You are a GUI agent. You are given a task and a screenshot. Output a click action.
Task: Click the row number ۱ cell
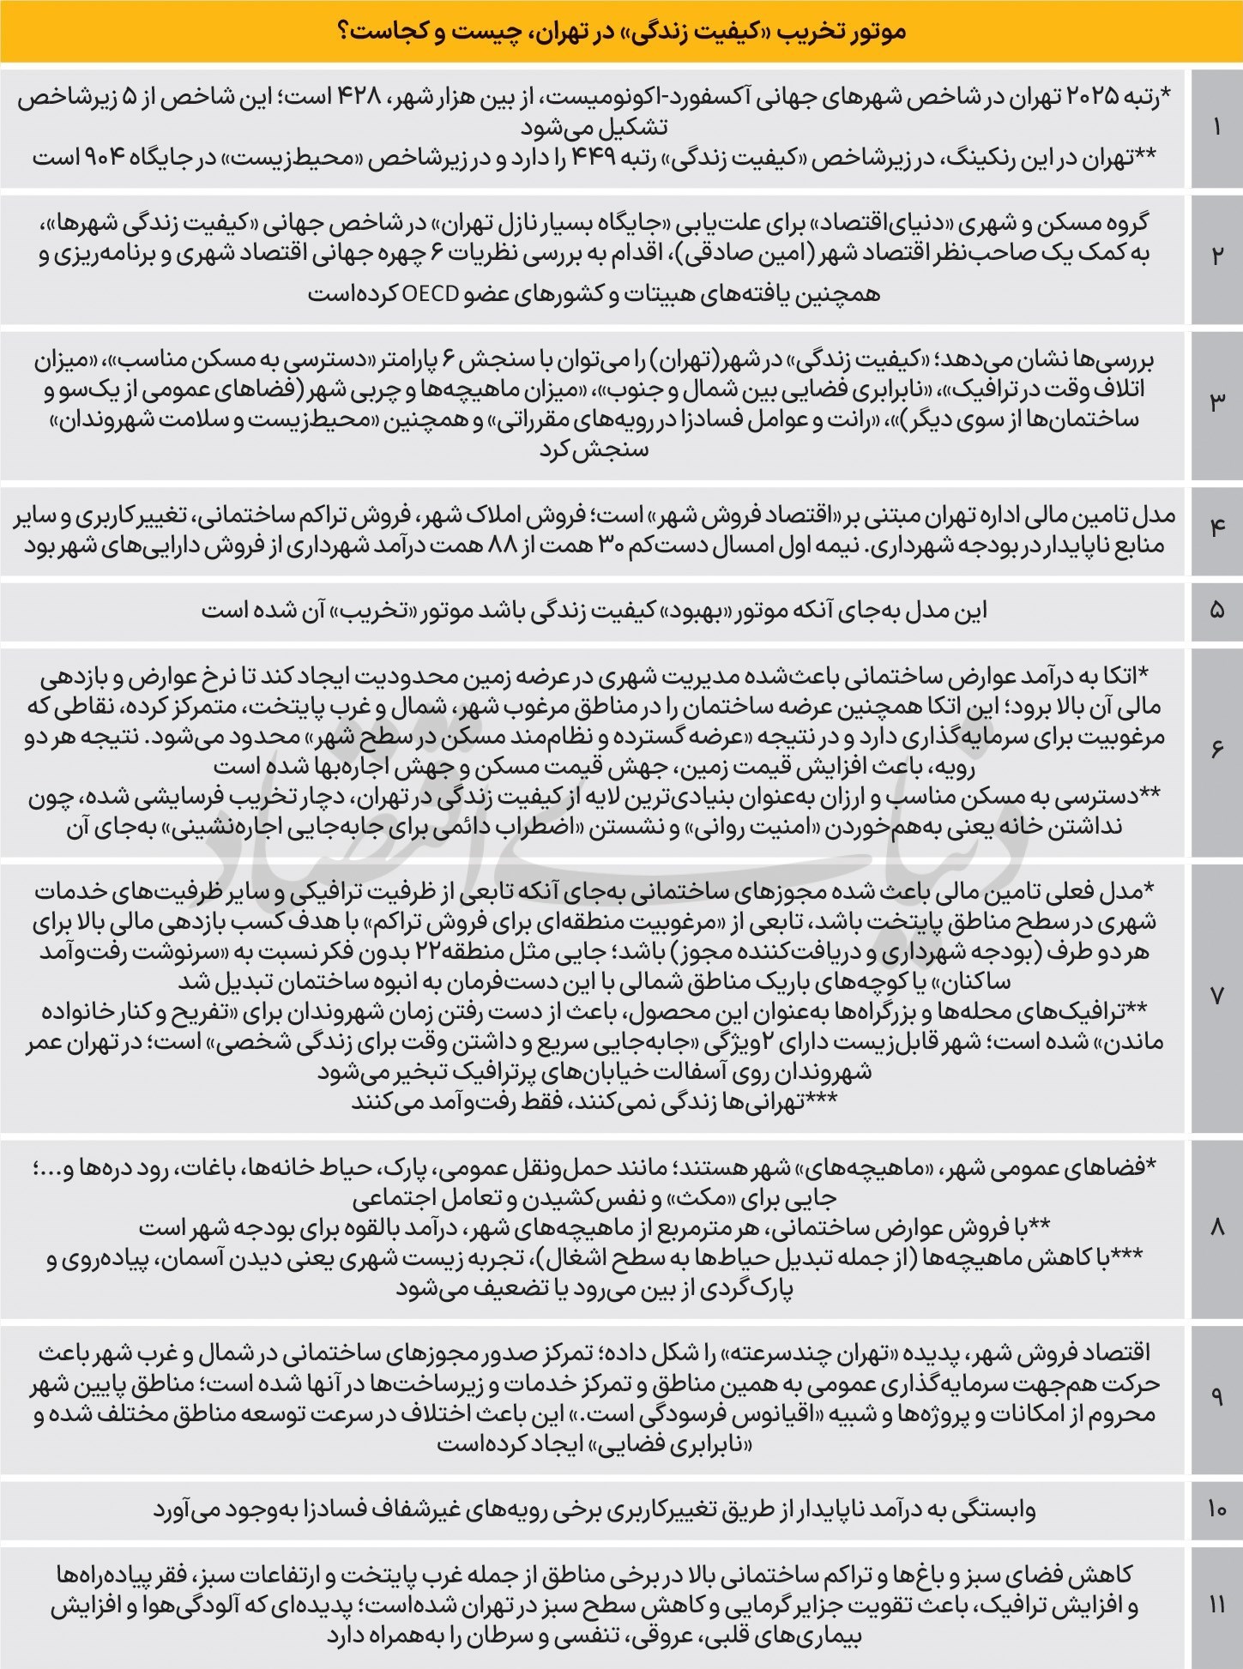click(1216, 129)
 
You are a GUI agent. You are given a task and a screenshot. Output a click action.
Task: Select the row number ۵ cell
click(1216, 612)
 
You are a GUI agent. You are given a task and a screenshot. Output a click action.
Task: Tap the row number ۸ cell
click(1216, 1227)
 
